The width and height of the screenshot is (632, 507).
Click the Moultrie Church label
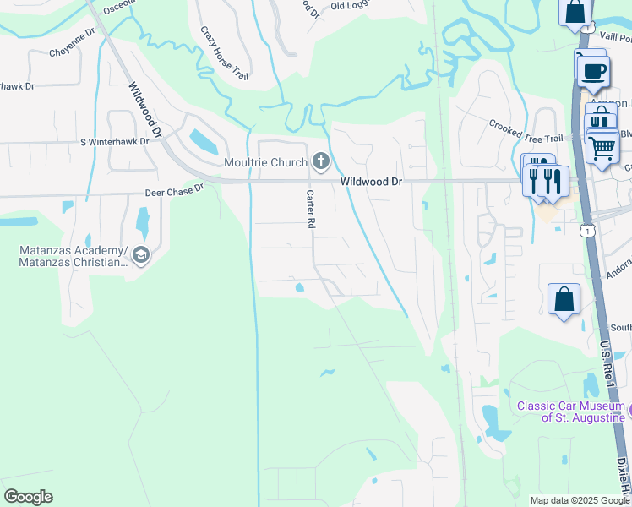tap(264, 162)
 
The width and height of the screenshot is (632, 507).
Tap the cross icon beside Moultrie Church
tap(320, 161)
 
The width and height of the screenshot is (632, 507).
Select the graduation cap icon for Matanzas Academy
tap(141, 254)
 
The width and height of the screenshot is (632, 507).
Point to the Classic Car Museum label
tap(571, 412)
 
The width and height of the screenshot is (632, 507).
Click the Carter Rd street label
tap(310, 210)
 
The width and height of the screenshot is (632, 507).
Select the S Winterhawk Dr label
tap(114, 142)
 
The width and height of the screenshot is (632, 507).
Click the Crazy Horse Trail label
tap(224, 53)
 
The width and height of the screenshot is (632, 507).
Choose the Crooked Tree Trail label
tap(525, 131)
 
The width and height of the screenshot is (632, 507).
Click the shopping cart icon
tap(602, 147)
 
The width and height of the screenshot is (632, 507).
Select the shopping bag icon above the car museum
tap(564, 299)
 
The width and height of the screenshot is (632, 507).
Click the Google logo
tap(28, 497)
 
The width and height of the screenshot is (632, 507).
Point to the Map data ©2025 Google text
tap(580, 500)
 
